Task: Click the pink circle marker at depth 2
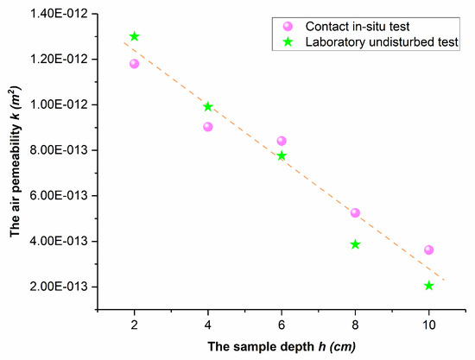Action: [x=134, y=64]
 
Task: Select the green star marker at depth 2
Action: [x=134, y=36]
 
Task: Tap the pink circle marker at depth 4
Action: [x=208, y=127]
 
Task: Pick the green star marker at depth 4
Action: [x=208, y=107]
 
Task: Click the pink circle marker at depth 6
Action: [x=282, y=141]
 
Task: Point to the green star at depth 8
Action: [x=355, y=244]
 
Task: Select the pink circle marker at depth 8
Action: [x=355, y=212]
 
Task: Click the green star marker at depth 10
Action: [x=429, y=286]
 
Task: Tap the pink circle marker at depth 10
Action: [x=429, y=250]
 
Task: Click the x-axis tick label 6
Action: [x=282, y=324]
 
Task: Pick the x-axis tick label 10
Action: [x=429, y=324]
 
